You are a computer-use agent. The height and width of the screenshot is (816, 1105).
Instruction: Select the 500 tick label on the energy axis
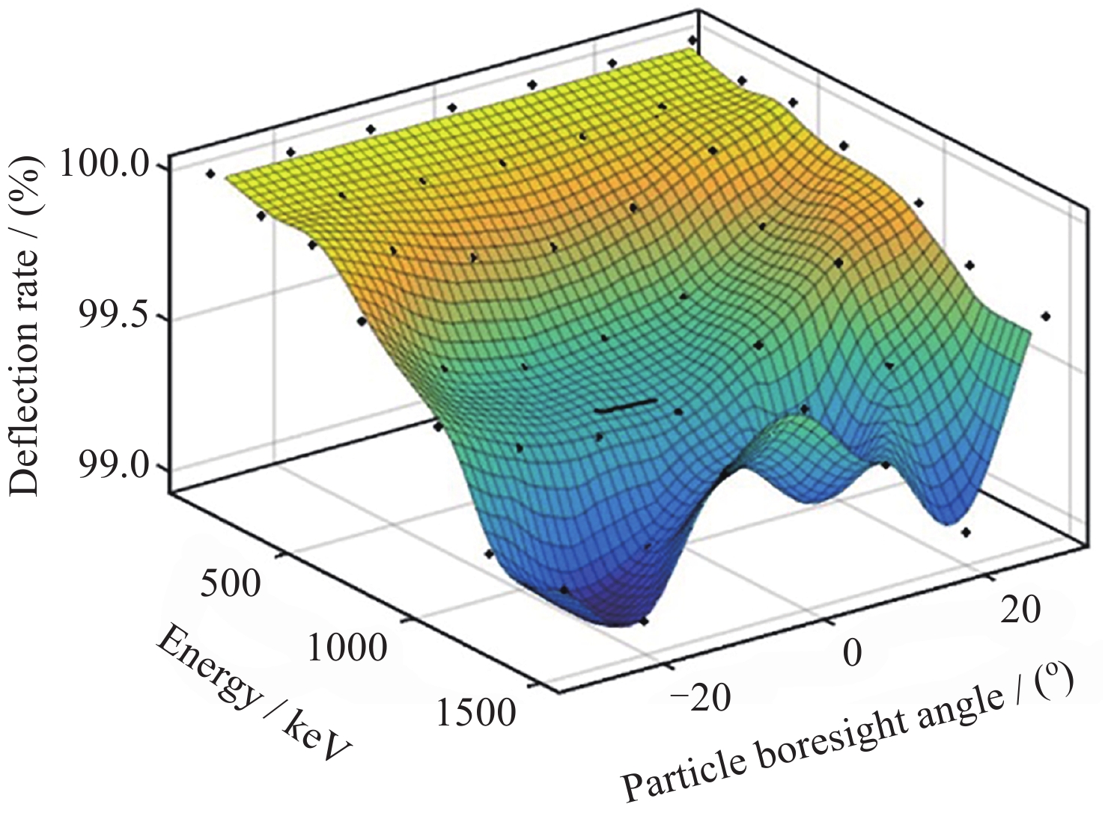tap(231, 583)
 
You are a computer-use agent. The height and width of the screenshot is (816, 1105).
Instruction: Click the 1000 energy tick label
tap(347, 646)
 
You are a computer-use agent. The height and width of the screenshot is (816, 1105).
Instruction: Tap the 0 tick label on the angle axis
tap(852, 652)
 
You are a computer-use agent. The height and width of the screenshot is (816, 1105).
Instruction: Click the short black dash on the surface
tap(626, 406)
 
